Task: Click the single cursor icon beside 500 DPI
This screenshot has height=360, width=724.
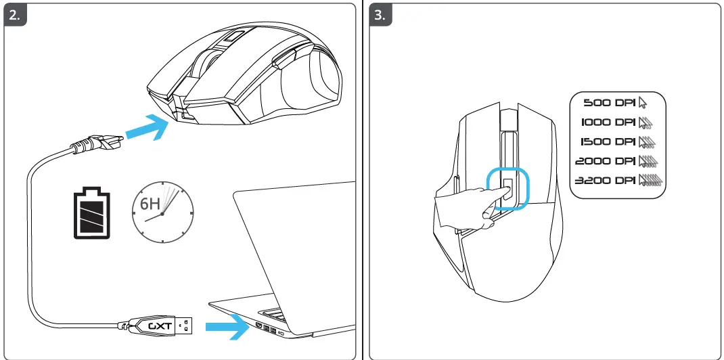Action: click(x=643, y=103)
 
